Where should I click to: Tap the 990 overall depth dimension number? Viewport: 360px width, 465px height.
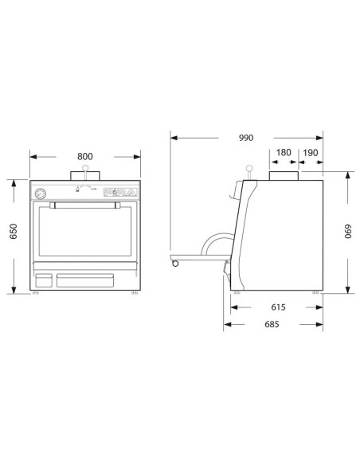(x=246, y=138)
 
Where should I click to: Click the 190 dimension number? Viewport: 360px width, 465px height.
(x=311, y=153)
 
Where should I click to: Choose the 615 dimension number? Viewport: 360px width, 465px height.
(x=278, y=307)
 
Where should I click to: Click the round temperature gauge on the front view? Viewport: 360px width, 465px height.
(x=40, y=193)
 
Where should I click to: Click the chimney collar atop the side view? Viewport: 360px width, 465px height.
(x=284, y=176)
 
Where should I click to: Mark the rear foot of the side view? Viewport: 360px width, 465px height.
(x=317, y=293)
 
